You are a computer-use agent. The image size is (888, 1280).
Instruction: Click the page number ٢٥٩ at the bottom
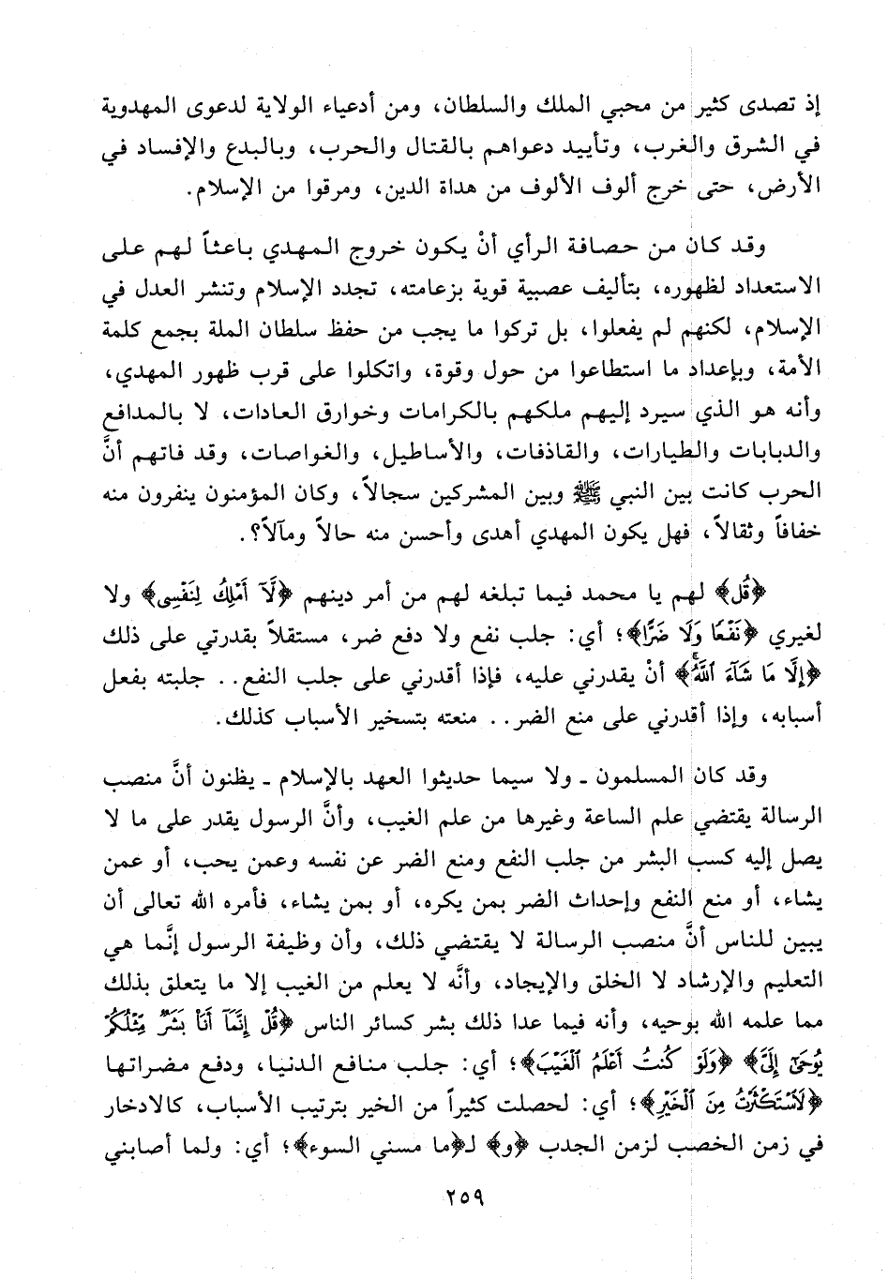coord(456,1197)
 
